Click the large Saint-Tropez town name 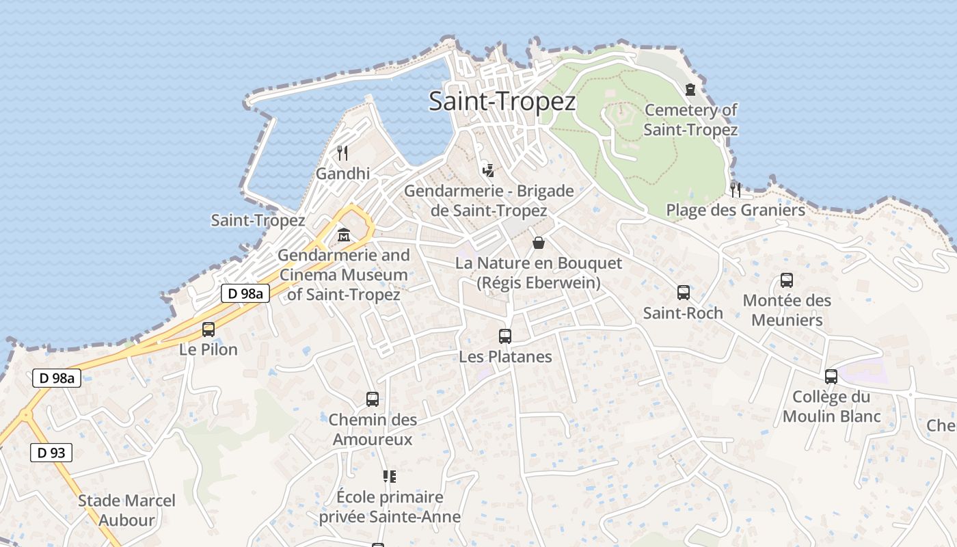(x=502, y=101)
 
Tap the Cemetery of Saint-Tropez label (x=690, y=120)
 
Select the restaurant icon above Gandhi (x=342, y=152)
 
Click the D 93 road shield (x=51, y=452)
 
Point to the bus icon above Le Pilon (x=208, y=330)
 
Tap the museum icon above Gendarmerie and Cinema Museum (x=343, y=235)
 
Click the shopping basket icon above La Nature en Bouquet (x=539, y=243)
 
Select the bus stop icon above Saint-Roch (x=683, y=293)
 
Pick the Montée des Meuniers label (x=787, y=310)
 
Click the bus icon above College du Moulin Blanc (x=831, y=376)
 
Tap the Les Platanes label (x=505, y=356)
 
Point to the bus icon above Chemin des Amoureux (x=373, y=399)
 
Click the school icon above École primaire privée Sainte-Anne (x=390, y=476)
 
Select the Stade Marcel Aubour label (x=126, y=510)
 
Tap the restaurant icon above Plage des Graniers (x=736, y=189)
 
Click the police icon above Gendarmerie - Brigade (x=488, y=170)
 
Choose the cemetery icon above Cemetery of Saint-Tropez (x=690, y=90)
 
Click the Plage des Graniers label (x=736, y=210)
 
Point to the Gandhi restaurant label (x=342, y=174)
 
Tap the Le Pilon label (x=208, y=349)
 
